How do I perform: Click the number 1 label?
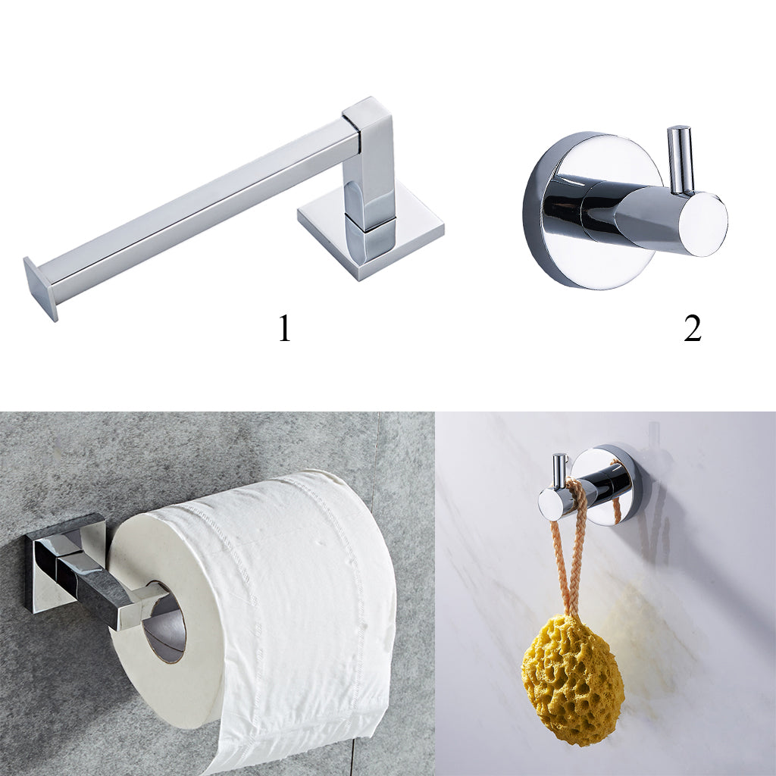point(285,328)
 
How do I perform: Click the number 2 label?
point(693,328)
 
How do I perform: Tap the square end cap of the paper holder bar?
point(41,289)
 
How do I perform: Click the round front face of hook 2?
point(702,224)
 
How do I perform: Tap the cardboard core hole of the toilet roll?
point(164,623)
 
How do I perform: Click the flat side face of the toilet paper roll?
point(164,624)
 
